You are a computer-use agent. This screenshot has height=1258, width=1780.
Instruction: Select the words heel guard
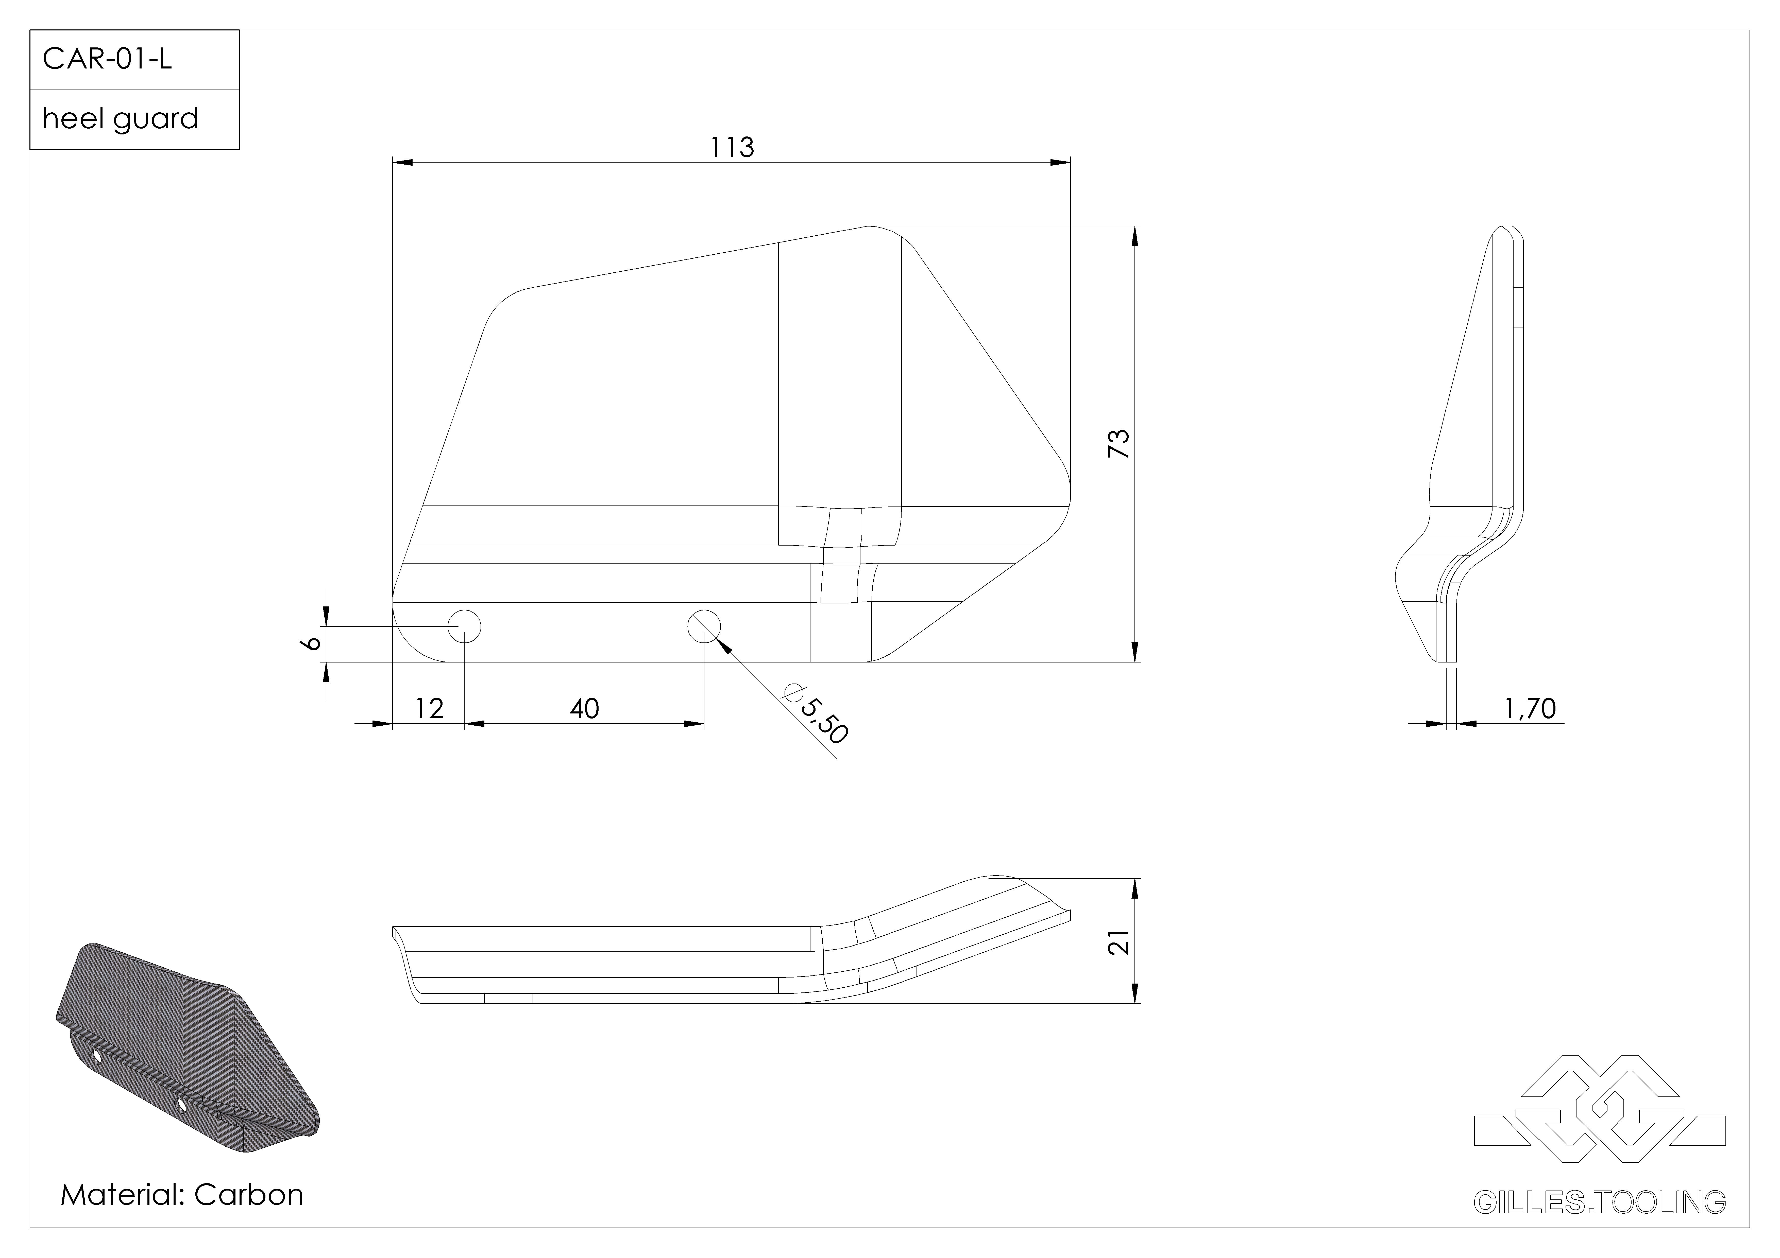120,119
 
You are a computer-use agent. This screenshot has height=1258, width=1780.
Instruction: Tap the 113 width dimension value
733,147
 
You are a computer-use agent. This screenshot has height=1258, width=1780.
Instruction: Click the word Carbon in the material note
249,1194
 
